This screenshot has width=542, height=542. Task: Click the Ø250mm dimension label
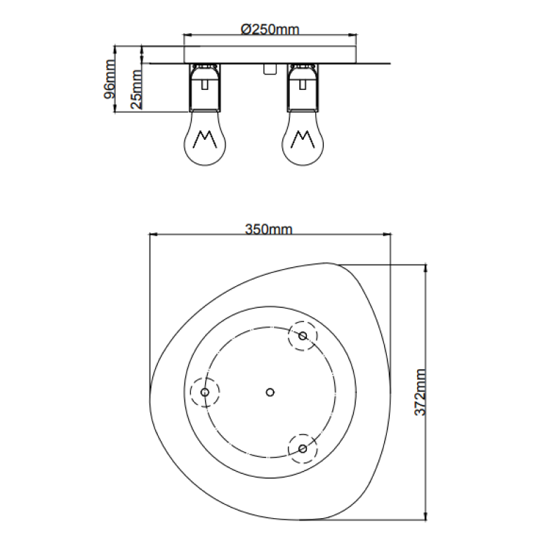click(x=270, y=30)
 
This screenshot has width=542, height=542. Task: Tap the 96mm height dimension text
click(x=110, y=78)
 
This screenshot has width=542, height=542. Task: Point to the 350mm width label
click(x=268, y=229)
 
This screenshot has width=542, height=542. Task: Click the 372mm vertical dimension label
click(x=420, y=392)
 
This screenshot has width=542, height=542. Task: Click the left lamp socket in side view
click(x=205, y=88)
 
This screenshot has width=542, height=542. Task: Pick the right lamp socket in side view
click(x=303, y=88)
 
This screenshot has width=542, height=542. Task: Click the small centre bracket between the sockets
click(x=267, y=69)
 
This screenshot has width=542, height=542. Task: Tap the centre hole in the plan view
click(x=270, y=392)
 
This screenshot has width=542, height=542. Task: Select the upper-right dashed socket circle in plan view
click(x=303, y=336)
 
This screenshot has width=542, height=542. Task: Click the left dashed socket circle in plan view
click(x=205, y=392)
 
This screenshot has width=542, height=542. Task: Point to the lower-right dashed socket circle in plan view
click(x=303, y=448)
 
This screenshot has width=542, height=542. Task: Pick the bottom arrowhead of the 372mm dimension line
click(x=425, y=518)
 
